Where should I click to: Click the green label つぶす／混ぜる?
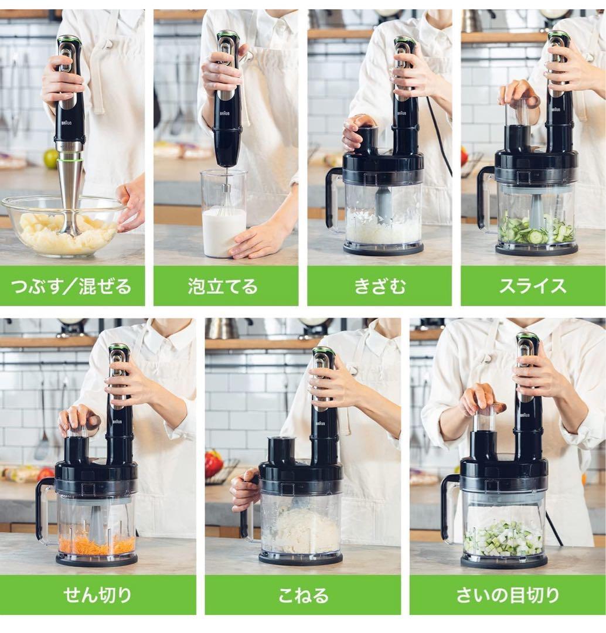(x=72, y=286)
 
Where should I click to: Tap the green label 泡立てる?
(x=226, y=286)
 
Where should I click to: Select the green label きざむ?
(x=380, y=286)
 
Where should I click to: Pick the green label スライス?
(x=533, y=286)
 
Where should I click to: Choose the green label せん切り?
(x=98, y=595)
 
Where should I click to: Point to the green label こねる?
(x=303, y=595)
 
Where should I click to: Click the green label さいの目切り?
(x=508, y=595)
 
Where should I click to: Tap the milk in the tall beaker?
(x=224, y=233)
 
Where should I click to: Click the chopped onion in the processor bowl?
(x=383, y=228)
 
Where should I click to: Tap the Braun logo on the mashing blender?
(x=66, y=122)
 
